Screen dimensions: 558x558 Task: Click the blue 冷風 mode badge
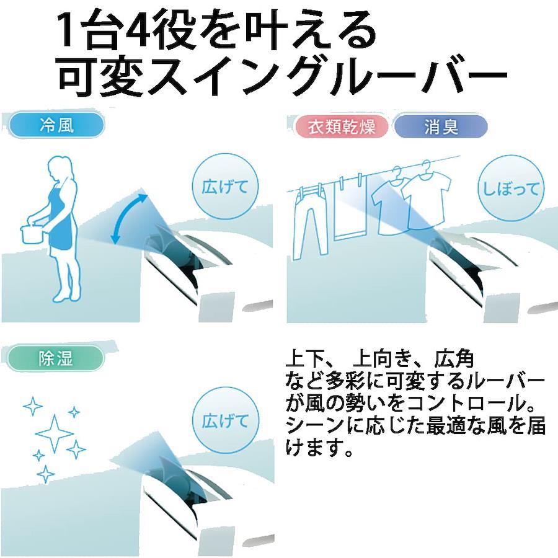(x=56, y=125)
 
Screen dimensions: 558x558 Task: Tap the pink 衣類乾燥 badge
(x=341, y=126)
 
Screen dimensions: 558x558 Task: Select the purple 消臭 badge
(x=441, y=126)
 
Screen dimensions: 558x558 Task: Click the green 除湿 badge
(x=55, y=358)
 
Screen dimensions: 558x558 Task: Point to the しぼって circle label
(x=511, y=188)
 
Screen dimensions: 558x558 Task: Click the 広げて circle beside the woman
(x=225, y=187)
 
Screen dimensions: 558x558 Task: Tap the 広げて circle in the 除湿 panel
(x=225, y=422)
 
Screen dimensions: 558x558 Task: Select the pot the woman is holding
(x=32, y=234)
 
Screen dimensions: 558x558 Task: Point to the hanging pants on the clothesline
(x=309, y=222)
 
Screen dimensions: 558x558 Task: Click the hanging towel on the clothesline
(x=350, y=206)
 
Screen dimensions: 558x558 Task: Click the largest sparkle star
(x=55, y=433)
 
